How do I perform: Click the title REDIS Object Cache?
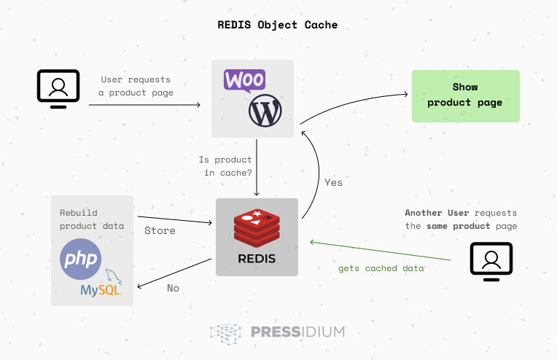click(x=278, y=25)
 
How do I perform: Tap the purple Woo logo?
click(x=244, y=79)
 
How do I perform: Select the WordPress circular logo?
click(x=265, y=111)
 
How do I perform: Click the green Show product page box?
click(x=465, y=95)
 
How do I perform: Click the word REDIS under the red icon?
click(x=257, y=259)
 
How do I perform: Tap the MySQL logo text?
click(x=101, y=290)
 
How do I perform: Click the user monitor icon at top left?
click(x=58, y=87)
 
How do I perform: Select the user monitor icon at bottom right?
click(x=491, y=261)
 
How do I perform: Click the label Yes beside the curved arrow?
click(x=333, y=182)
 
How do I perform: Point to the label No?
click(x=173, y=288)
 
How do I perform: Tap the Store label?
click(x=160, y=230)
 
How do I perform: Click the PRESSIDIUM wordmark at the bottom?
click(x=297, y=332)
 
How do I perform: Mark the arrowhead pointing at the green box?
click(x=403, y=93)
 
